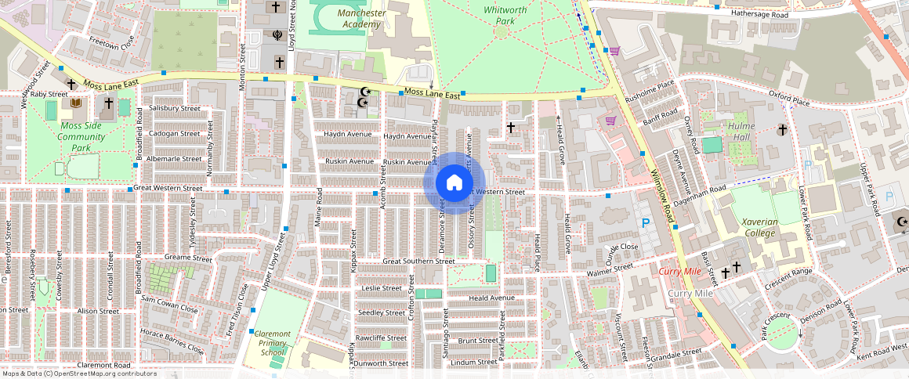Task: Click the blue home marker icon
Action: click(x=454, y=183)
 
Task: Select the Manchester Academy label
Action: click(x=360, y=19)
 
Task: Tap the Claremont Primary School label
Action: click(x=272, y=343)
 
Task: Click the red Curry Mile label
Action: click(x=679, y=271)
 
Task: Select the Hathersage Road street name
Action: click(x=760, y=15)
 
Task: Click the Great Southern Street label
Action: click(x=418, y=261)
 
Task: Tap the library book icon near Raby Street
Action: click(x=76, y=103)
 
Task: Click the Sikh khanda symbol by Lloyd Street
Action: click(x=277, y=34)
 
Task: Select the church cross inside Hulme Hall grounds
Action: click(x=781, y=129)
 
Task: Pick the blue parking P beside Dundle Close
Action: click(x=646, y=224)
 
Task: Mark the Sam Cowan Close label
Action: click(x=169, y=305)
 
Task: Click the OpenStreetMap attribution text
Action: click(x=78, y=374)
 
